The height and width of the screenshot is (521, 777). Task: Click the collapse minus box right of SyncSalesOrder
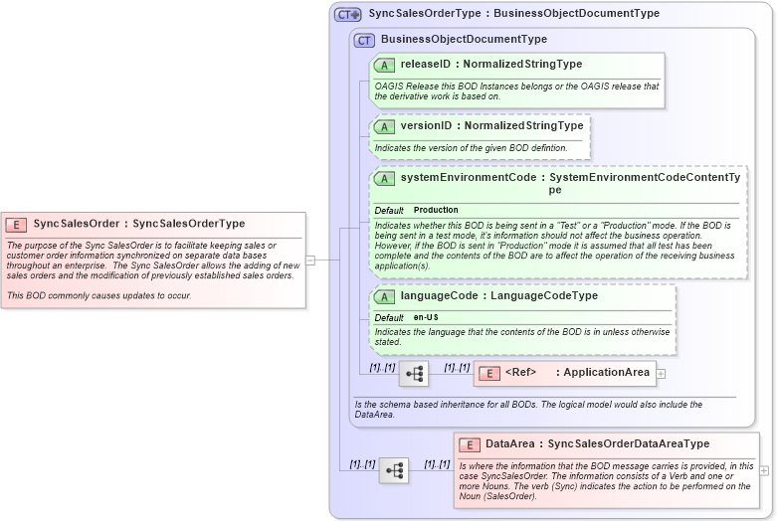(x=310, y=260)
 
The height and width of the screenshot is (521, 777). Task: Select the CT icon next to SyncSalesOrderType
(x=347, y=15)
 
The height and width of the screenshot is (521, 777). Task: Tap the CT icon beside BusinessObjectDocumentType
(x=364, y=40)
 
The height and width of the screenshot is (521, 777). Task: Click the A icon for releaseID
(x=384, y=66)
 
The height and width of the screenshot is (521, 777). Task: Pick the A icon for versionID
(x=384, y=127)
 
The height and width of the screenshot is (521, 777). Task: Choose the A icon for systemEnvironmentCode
(x=384, y=179)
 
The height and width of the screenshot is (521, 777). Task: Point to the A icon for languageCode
(x=384, y=297)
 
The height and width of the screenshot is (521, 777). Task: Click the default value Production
(x=436, y=211)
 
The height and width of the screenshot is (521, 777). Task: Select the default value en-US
(x=426, y=317)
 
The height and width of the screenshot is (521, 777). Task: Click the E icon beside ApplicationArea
(x=488, y=374)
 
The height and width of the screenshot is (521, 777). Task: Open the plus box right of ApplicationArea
(x=661, y=374)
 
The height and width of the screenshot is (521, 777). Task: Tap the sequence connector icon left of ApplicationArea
(x=413, y=374)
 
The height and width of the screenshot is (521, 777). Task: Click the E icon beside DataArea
(x=469, y=444)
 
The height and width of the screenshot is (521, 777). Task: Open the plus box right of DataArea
(x=764, y=470)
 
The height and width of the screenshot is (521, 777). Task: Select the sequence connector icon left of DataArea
(x=393, y=470)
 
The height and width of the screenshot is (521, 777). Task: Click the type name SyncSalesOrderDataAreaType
(x=629, y=444)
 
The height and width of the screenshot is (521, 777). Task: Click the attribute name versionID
(x=426, y=126)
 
